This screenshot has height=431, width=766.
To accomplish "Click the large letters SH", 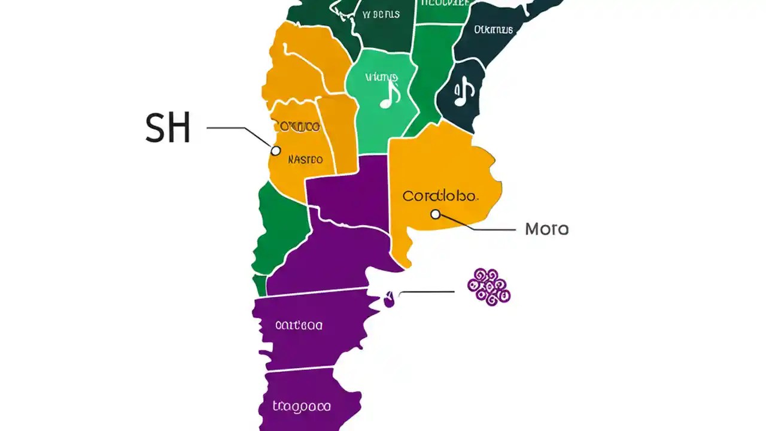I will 168,128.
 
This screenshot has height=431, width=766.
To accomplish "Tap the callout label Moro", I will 546,229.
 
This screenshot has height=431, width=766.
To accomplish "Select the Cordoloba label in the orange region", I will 440,196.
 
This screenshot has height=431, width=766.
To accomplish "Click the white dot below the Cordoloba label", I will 436,214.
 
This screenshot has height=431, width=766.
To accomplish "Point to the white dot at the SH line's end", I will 275,151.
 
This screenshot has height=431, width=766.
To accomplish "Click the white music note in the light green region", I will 390,95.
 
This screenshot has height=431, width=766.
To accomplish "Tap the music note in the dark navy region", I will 464,92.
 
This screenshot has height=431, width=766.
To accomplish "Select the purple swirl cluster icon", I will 489,287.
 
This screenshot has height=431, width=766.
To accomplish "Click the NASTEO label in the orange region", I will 305,160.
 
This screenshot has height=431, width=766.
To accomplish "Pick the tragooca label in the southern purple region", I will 302,406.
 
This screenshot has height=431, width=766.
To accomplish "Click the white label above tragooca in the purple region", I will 299,325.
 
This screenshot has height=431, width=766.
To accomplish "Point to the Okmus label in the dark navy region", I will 494,29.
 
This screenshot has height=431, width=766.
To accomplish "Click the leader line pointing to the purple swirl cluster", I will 426,292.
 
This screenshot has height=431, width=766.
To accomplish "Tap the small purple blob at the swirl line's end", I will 389,299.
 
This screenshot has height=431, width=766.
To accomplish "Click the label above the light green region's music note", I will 381,77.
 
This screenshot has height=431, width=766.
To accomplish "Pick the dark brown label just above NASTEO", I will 296,126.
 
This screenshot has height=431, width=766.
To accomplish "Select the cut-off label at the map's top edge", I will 443,2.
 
